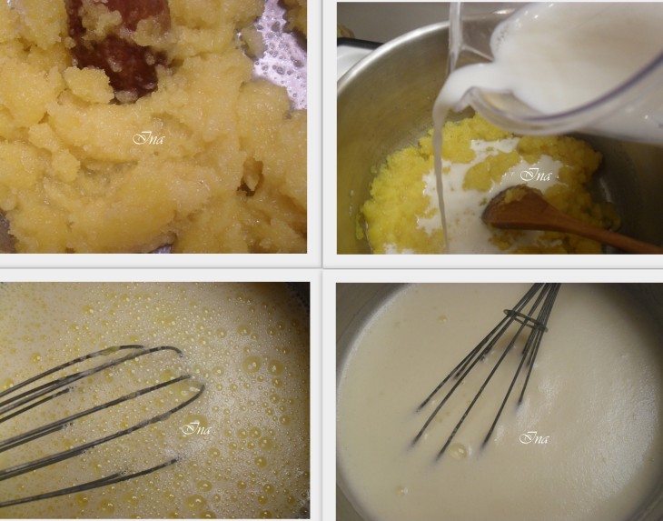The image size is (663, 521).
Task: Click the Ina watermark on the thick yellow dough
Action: (148, 138)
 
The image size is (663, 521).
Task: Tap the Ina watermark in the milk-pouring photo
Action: (536, 175)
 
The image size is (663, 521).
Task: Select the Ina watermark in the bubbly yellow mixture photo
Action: (196, 428)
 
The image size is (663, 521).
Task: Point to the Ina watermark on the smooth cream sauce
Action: (534, 437)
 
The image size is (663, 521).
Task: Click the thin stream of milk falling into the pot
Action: (440, 177)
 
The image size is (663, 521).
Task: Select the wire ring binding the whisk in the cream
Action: (526, 320)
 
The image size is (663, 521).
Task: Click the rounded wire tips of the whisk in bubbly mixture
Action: (186, 381)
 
